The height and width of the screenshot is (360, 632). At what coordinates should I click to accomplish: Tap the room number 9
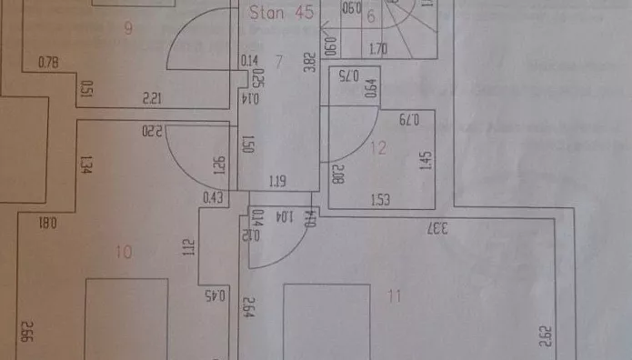tap(128, 28)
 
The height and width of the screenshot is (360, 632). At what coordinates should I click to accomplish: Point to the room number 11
tap(394, 294)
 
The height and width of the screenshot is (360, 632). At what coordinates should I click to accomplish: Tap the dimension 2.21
tap(152, 96)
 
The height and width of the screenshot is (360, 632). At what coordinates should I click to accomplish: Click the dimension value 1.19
tap(278, 182)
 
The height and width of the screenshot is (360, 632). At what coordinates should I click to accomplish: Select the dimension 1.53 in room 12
tap(381, 199)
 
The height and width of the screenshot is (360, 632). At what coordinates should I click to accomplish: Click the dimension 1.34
tap(84, 165)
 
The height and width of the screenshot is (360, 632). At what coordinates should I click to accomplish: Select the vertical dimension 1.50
tap(246, 144)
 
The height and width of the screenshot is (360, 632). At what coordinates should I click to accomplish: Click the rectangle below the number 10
tap(126, 318)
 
